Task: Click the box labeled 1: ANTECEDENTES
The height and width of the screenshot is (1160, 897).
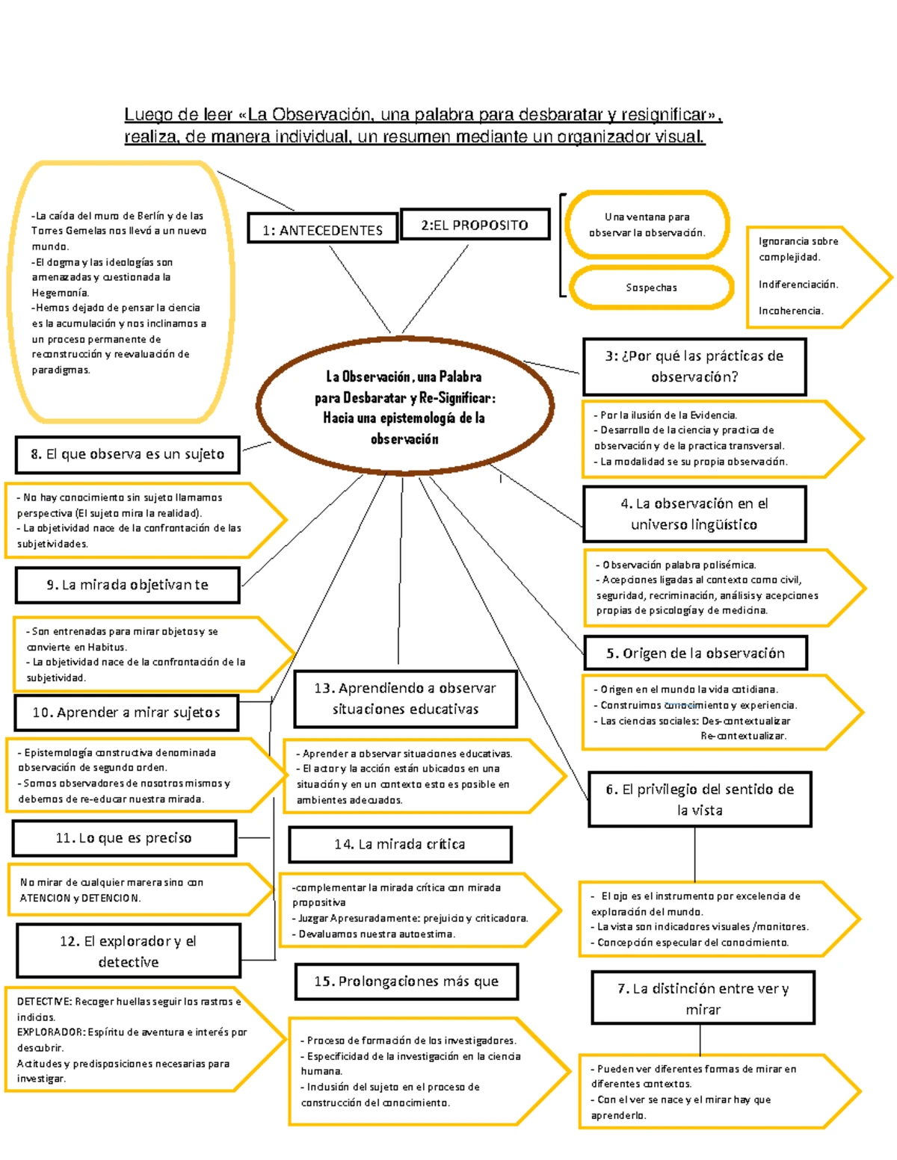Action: pyautogui.click(x=322, y=230)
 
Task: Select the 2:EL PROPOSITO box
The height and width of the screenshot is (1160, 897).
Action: pyautogui.click(x=475, y=225)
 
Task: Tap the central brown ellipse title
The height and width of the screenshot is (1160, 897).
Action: pyautogui.click(x=404, y=408)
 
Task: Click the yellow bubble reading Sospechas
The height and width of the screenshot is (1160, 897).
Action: pyautogui.click(x=651, y=288)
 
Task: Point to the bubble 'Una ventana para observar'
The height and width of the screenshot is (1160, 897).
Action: pyautogui.click(x=647, y=225)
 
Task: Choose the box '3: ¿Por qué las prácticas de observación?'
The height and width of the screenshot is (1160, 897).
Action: pyautogui.click(x=694, y=366)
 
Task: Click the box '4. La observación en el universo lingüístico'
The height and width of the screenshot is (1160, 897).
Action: pyautogui.click(x=694, y=514)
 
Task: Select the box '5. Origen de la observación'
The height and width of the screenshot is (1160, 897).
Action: pyautogui.click(x=695, y=654)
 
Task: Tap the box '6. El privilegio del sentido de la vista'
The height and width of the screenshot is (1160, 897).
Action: pyautogui.click(x=700, y=799)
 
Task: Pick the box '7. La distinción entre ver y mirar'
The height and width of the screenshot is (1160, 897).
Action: pyautogui.click(x=703, y=999)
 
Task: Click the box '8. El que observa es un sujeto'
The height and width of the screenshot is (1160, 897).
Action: pyautogui.click(x=127, y=454)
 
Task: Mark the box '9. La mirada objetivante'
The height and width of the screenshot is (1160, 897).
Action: pyautogui.click(x=127, y=585)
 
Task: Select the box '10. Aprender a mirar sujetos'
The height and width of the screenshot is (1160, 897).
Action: pyautogui.click(x=126, y=713)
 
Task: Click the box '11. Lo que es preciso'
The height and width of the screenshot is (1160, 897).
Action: pyautogui.click(x=123, y=838)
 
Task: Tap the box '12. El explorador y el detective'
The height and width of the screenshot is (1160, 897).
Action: pyautogui.click(x=128, y=951)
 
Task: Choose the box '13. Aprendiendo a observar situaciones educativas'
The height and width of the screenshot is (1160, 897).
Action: pyautogui.click(x=405, y=698)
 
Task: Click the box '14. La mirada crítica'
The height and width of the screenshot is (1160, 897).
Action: pyautogui.click(x=400, y=844)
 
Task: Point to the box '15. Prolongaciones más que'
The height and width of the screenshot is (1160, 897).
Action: pyautogui.click(x=406, y=981)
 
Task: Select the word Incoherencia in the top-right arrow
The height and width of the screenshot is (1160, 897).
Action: pyautogui.click(x=791, y=311)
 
